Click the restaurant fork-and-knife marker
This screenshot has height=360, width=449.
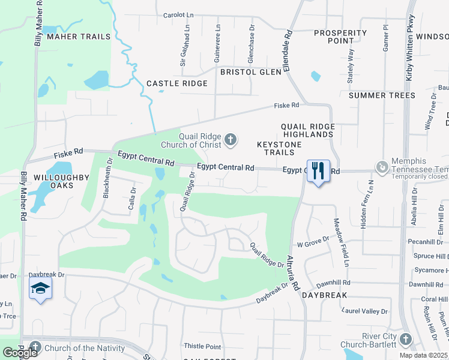318,170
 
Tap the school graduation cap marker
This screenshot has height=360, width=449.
40,289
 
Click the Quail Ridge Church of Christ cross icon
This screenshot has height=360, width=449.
230,140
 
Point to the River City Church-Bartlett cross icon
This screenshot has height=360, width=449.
405,340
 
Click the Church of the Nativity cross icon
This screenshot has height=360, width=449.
35,347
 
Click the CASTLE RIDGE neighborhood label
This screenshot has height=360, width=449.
177,83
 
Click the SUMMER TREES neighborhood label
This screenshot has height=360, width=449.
382,95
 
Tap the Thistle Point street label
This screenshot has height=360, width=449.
202,346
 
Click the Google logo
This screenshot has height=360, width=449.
20,352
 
